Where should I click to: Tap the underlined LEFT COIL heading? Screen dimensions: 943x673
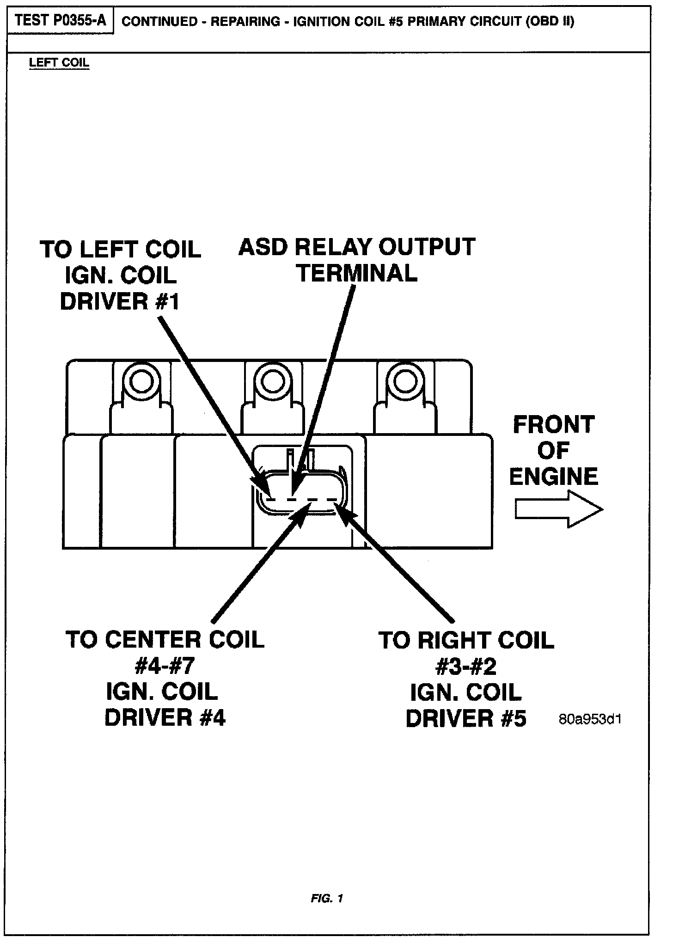[x=59, y=63]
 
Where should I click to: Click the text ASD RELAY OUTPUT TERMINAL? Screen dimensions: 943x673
[x=357, y=260]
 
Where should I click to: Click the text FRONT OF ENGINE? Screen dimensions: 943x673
[x=553, y=451]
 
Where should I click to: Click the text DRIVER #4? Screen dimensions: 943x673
[x=165, y=718]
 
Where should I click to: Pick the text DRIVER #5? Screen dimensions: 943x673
[x=466, y=719]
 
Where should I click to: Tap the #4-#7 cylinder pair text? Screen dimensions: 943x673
[x=165, y=666]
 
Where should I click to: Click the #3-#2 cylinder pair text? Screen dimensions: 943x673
[x=466, y=667]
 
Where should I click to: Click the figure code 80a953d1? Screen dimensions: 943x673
[x=590, y=720]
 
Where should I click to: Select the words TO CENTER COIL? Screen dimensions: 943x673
[x=165, y=640]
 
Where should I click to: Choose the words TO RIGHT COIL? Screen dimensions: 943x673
[x=466, y=640]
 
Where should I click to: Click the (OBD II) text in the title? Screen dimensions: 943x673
[x=550, y=22]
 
